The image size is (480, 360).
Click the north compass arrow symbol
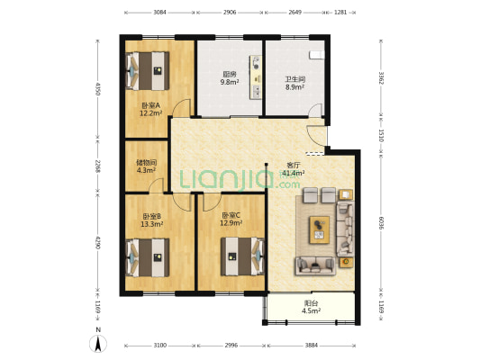tap(98, 344)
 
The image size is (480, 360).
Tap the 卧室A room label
tap(151, 106)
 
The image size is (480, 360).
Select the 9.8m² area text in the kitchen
tap(230, 82)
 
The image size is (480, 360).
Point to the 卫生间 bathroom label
tap(295, 79)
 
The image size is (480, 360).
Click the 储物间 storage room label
tap(146, 163)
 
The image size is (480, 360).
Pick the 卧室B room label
tap(152, 217)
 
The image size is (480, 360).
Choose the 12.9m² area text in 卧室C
tap(231, 223)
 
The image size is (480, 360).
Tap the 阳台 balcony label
tap(311, 303)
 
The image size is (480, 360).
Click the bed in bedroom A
tap(148, 71)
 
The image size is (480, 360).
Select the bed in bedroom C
tap(243, 256)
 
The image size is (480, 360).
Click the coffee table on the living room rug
tap(320, 229)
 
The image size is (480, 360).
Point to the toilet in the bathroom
tap(316, 54)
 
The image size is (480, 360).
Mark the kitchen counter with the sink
tap(256, 77)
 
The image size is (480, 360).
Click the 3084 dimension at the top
tap(159, 13)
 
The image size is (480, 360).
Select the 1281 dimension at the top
tap(340, 13)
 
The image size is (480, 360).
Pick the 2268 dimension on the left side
tap(97, 166)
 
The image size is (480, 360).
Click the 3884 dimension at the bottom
tap(312, 346)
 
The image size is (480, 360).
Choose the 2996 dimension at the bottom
tap(231, 346)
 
